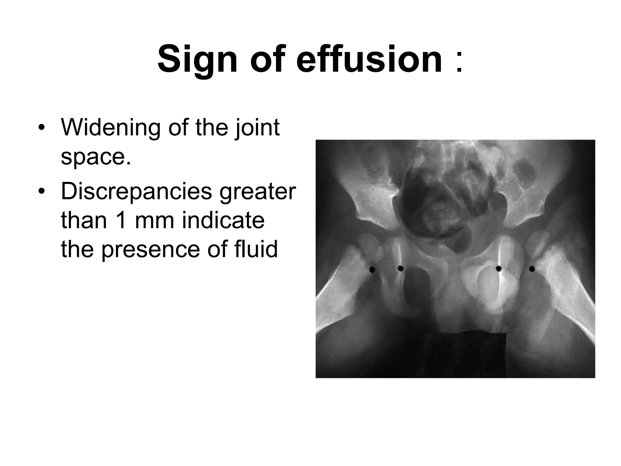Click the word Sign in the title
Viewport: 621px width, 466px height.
(197, 59)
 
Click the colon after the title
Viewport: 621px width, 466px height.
(459, 62)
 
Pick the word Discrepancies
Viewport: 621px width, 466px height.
(136, 192)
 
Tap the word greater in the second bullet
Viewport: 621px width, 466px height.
(257, 192)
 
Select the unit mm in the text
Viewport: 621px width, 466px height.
(154, 221)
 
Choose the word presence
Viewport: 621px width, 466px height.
(151, 250)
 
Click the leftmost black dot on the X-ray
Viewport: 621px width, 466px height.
(372, 269)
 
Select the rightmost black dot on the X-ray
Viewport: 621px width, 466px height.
(532, 268)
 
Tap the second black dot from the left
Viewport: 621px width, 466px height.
(401, 268)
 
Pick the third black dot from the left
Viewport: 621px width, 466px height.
(498, 268)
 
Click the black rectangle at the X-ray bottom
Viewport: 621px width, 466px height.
(465, 355)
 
